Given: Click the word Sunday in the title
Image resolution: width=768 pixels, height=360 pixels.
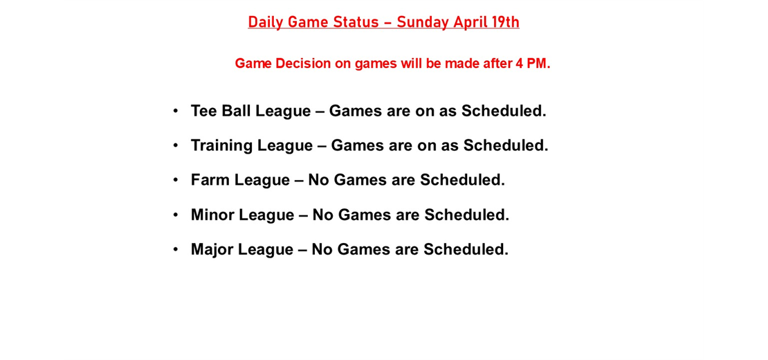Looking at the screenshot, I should point(423,22).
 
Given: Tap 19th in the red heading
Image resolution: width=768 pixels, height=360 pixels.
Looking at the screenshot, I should point(505,22).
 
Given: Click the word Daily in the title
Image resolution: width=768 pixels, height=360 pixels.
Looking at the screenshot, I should point(266,22).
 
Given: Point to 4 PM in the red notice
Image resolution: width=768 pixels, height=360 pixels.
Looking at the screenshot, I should point(532,64).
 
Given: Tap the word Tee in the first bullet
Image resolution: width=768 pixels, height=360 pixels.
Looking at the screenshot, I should point(203,111).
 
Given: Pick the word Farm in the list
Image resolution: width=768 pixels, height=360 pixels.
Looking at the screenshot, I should point(210,180).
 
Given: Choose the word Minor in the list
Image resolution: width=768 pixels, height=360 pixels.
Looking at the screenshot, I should point(212,215).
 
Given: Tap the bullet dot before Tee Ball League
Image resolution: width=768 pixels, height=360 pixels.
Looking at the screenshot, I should point(176,110).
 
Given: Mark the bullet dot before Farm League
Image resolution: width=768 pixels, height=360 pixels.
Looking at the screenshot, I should point(176,179).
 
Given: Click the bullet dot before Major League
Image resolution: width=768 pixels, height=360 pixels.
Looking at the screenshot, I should point(176,249).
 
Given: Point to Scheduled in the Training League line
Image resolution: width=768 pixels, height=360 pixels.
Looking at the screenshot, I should point(505,145).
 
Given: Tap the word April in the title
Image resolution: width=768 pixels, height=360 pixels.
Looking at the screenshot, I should point(470,22).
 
